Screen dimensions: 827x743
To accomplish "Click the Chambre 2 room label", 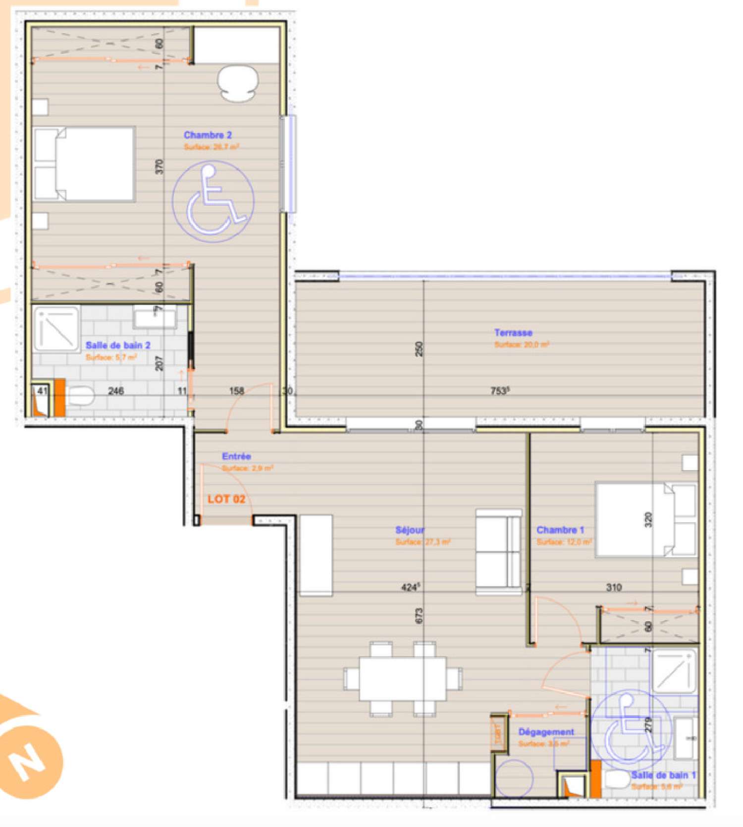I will coord(208,135).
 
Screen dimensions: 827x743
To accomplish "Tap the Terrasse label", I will coord(513,333).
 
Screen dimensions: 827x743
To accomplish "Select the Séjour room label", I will coord(410,530).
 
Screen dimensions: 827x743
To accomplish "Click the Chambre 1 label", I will coord(560,530).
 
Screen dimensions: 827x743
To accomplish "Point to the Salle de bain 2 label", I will coord(118,345).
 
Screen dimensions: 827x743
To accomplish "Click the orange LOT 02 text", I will coord(226,499).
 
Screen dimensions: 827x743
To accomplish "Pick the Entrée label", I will coord(236,456).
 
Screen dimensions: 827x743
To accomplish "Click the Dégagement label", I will coord(546,732).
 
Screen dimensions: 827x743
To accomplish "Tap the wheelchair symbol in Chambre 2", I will coord(213,200).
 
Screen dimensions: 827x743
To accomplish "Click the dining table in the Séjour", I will coord(403,678).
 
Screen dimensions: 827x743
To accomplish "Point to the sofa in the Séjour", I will coord(498,552).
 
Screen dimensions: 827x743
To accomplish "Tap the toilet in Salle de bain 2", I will coord(80,396).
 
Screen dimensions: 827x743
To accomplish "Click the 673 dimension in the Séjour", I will coord(419,616).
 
